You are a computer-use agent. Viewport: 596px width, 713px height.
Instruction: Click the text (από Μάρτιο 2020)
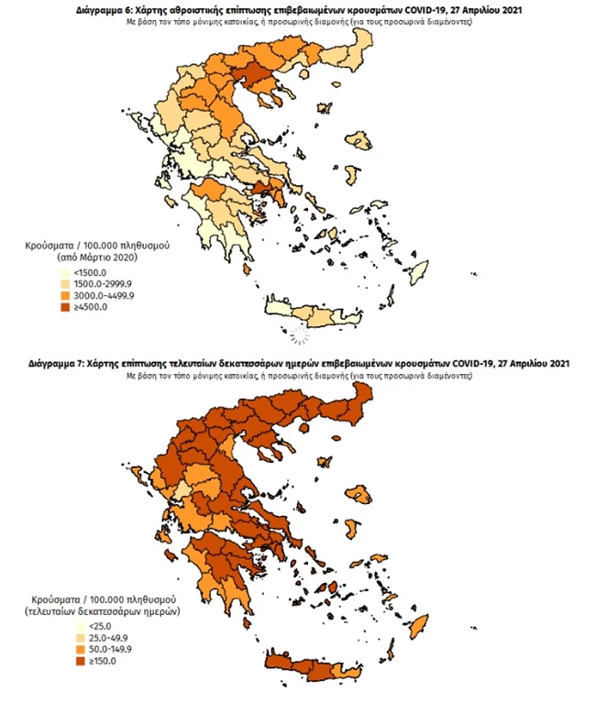pyautogui.click(x=85, y=259)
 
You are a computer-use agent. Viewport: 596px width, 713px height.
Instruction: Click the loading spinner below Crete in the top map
pyautogui.click(x=299, y=336)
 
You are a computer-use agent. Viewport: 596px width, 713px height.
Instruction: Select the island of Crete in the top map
pyautogui.click(x=312, y=320)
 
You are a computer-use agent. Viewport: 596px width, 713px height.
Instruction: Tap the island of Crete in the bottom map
pyautogui.click(x=312, y=675)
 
